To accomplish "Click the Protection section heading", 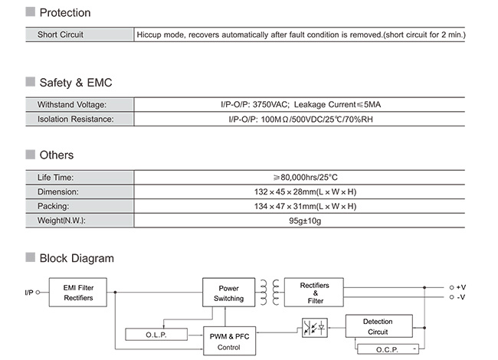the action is (65, 13).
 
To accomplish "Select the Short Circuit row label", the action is (61, 34).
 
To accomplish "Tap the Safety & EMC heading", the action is (76, 83).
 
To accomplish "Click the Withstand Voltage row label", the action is (72, 104).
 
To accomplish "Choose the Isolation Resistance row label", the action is (76, 119).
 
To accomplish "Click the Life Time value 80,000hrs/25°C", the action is (305, 177).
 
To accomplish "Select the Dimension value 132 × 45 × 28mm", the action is (285, 191).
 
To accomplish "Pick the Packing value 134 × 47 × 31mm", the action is (285, 206).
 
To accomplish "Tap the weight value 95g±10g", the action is (305, 221).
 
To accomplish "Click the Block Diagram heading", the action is (77, 258).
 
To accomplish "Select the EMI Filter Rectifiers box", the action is (78, 293).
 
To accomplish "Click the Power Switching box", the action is (228, 293).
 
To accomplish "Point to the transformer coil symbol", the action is (270, 293).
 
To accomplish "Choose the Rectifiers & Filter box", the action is (314, 293).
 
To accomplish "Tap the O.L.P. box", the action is (156, 335).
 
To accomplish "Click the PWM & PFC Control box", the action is (229, 341).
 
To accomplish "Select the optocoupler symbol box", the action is (314, 328).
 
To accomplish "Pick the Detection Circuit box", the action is (379, 326).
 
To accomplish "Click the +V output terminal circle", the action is (451, 288).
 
